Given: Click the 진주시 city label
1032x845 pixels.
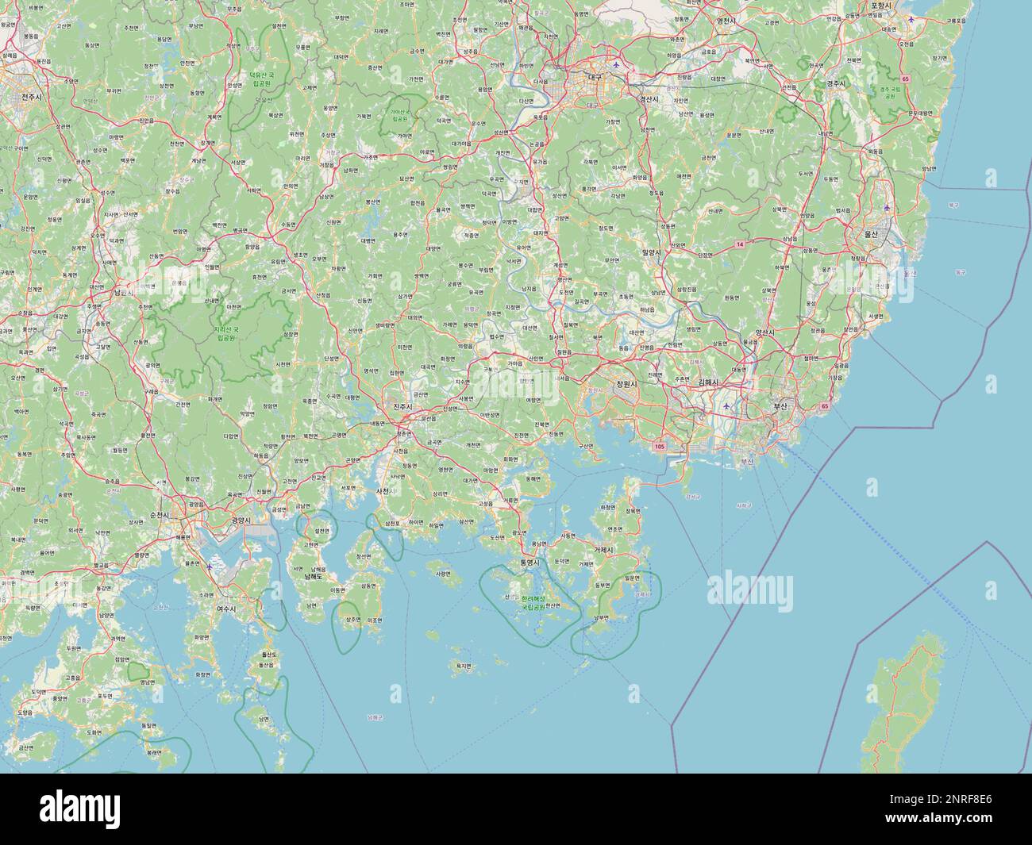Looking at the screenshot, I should [x=404, y=406].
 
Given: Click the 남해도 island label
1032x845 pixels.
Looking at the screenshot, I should [x=315, y=576].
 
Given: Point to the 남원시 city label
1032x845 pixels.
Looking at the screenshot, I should [x=124, y=293].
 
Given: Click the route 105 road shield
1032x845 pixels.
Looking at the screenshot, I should [x=660, y=447].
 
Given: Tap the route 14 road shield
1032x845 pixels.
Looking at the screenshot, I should [x=740, y=244].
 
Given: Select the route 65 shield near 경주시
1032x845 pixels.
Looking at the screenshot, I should [x=905, y=78].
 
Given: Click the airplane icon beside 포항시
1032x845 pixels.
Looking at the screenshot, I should [x=912, y=18].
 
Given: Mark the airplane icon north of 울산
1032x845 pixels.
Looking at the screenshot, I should [x=887, y=208].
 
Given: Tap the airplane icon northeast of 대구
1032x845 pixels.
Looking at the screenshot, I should [x=617, y=63].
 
